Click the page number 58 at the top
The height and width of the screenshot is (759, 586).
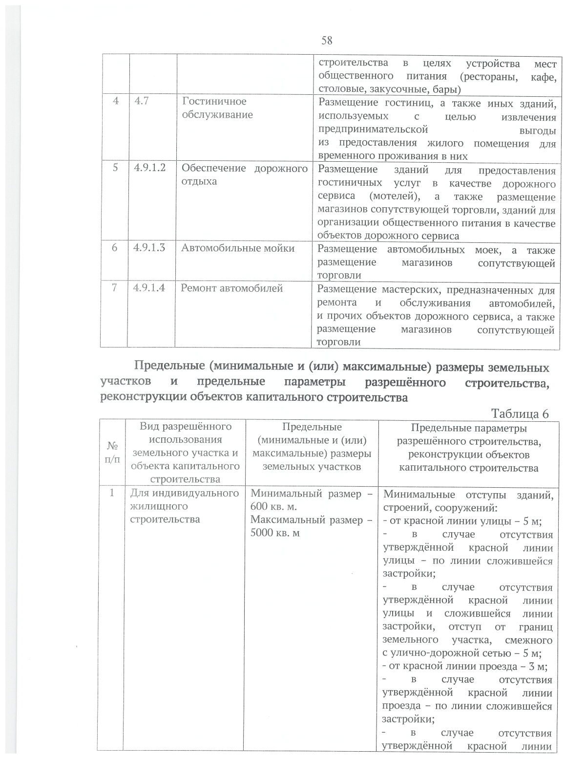pos(327,41)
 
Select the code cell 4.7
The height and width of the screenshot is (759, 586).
pos(142,102)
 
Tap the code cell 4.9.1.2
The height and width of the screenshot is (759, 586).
pos(150,168)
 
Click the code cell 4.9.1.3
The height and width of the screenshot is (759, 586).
pos(149,248)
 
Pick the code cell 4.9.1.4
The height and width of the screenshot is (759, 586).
pos(149,288)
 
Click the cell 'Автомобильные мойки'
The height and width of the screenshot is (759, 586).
pos(238,248)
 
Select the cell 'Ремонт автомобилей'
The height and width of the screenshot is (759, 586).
pos(232,288)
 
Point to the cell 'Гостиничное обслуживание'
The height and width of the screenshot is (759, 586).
pos(217,108)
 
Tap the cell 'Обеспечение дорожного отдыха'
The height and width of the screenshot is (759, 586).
pos(244,174)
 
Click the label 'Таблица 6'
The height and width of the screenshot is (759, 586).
pos(520,413)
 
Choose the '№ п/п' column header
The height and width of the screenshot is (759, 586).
pos(112,453)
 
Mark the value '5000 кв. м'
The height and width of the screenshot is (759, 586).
pos(275,533)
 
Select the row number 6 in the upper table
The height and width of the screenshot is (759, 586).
pos(114,248)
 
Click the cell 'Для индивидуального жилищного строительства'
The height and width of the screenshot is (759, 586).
pos(185,506)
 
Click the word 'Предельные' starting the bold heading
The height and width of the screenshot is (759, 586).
pos(165,366)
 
